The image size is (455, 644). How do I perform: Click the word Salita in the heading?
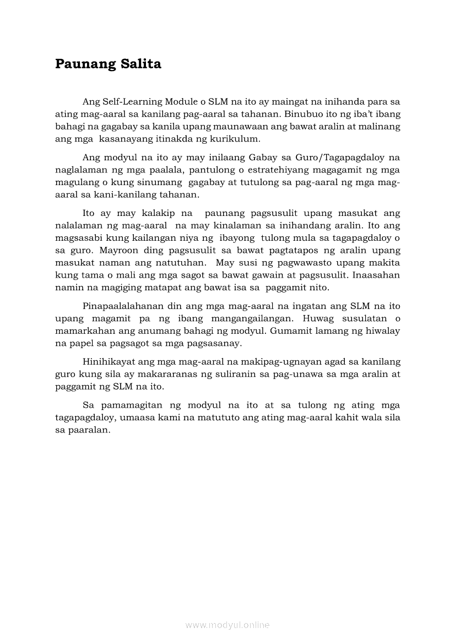pyautogui.click(x=140, y=64)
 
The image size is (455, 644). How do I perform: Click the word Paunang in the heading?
pyautogui.click(x=82, y=64)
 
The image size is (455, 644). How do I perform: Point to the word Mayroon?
pyautogui.click(x=118, y=250)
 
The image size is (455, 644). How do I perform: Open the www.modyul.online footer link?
pyautogui.click(x=227, y=625)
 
